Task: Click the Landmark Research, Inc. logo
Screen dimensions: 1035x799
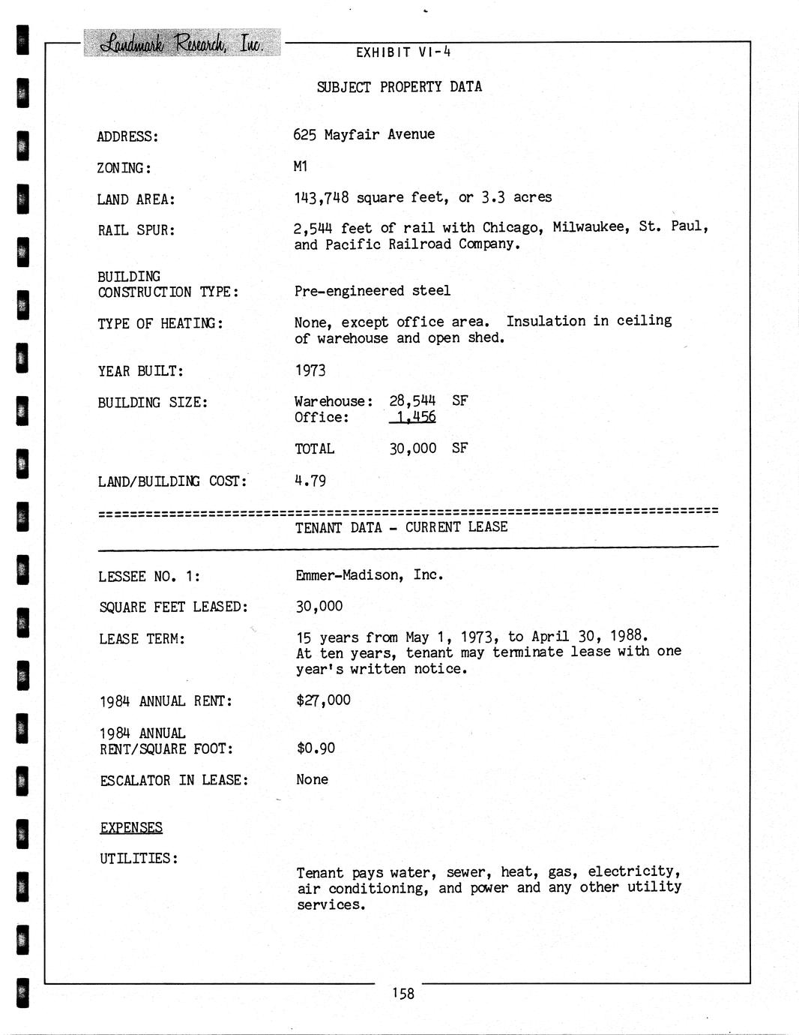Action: [181, 43]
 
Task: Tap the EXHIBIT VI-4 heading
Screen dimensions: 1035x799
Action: [402, 52]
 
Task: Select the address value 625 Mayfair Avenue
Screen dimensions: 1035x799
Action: [364, 134]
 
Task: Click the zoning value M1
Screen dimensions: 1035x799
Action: [301, 166]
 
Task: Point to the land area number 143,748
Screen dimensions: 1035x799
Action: [321, 197]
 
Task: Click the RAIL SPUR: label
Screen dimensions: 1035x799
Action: [136, 230]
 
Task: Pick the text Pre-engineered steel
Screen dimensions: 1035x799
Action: [372, 290]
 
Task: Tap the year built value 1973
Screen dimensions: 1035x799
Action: [310, 370]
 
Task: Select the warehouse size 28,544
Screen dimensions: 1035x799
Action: [411, 400]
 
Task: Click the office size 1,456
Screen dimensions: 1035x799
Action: [415, 417]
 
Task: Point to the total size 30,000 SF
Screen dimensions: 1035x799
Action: [428, 448]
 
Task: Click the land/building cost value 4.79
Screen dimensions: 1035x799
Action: [310, 481]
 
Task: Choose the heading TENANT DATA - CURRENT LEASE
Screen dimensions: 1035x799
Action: [401, 527]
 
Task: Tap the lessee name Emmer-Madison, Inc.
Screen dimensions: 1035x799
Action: [369, 575]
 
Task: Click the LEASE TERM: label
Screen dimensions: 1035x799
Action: [142, 639]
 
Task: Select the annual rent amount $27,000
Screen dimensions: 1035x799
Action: [323, 700]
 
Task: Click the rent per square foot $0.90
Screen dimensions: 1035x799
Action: [316, 748]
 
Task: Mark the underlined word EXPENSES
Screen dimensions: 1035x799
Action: [131, 827]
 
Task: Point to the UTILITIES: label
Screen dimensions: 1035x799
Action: [139, 858]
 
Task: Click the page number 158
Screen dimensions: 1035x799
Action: [402, 994]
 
